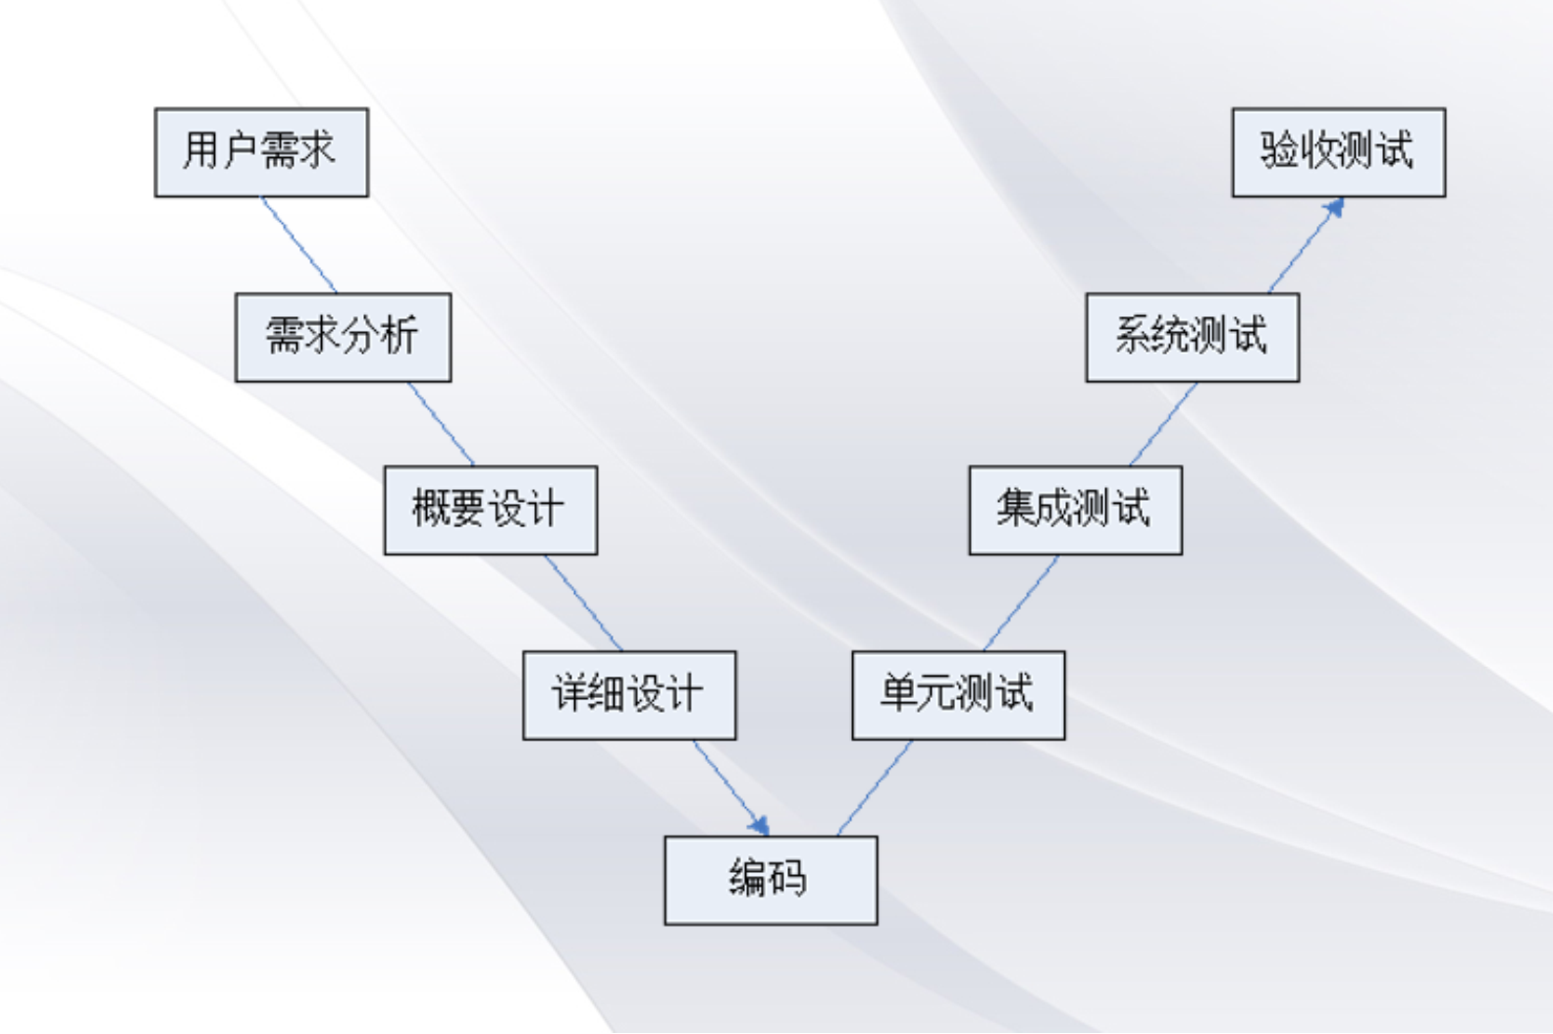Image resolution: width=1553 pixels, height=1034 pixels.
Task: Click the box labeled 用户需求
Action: click(x=261, y=152)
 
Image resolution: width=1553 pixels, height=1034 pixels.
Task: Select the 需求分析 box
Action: click(x=343, y=337)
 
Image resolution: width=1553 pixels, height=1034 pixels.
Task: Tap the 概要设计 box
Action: click(x=490, y=510)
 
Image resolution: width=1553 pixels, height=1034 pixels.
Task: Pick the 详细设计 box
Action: click(x=629, y=694)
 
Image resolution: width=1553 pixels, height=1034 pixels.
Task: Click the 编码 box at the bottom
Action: click(x=771, y=880)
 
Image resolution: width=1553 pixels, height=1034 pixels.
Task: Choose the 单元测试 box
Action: click(x=958, y=694)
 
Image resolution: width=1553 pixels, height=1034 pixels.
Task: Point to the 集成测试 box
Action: click(x=1075, y=510)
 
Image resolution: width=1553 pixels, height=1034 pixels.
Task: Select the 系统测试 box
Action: click(x=1192, y=337)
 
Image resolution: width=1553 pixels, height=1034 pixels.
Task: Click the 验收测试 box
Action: click(x=1338, y=152)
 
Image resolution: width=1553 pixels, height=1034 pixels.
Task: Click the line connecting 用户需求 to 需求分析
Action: click(x=298, y=245)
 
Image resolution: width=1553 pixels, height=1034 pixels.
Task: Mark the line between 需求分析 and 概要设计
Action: click(x=441, y=423)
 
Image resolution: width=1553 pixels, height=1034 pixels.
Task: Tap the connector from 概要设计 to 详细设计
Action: click(x=584, y=603)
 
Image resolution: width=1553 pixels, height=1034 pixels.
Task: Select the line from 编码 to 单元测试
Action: click(x=875, y=788)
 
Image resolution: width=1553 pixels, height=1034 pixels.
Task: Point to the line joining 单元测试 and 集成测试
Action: click(x=1021, y=603)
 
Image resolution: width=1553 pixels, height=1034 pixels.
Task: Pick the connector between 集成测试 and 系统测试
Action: click(x=1163, y=423)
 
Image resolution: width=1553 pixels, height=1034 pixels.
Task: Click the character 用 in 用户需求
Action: click(x=200, y=150)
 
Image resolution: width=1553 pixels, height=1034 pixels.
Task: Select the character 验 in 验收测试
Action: click(x=1279, y=150)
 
